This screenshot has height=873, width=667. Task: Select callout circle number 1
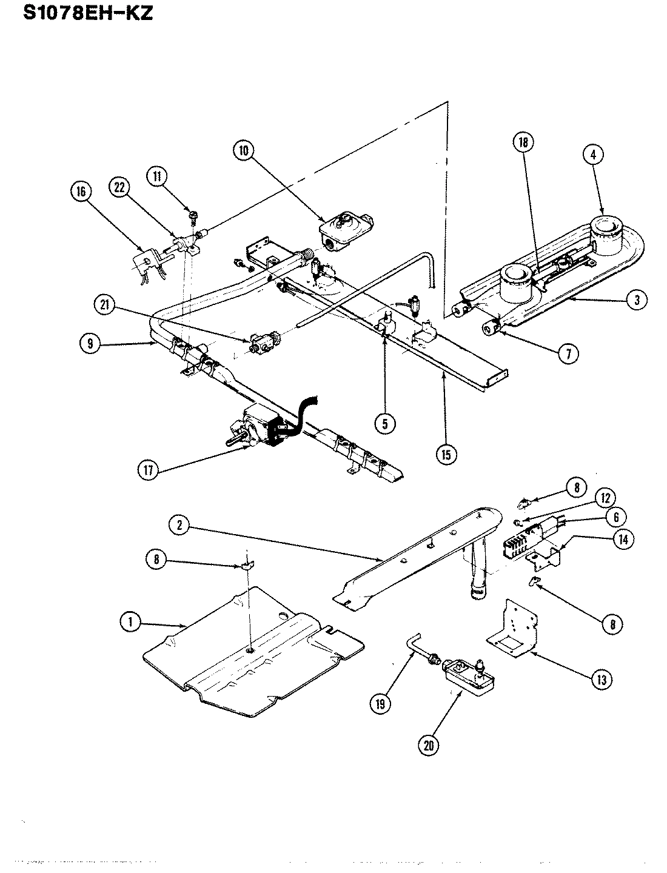130,621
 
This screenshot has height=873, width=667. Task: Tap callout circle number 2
177,526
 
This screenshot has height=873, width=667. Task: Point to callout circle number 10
243,150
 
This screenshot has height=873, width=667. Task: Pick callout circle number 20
429,746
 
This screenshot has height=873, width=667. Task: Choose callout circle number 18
522,142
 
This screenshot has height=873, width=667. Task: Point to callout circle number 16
81,192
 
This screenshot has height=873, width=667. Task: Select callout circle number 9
90,344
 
